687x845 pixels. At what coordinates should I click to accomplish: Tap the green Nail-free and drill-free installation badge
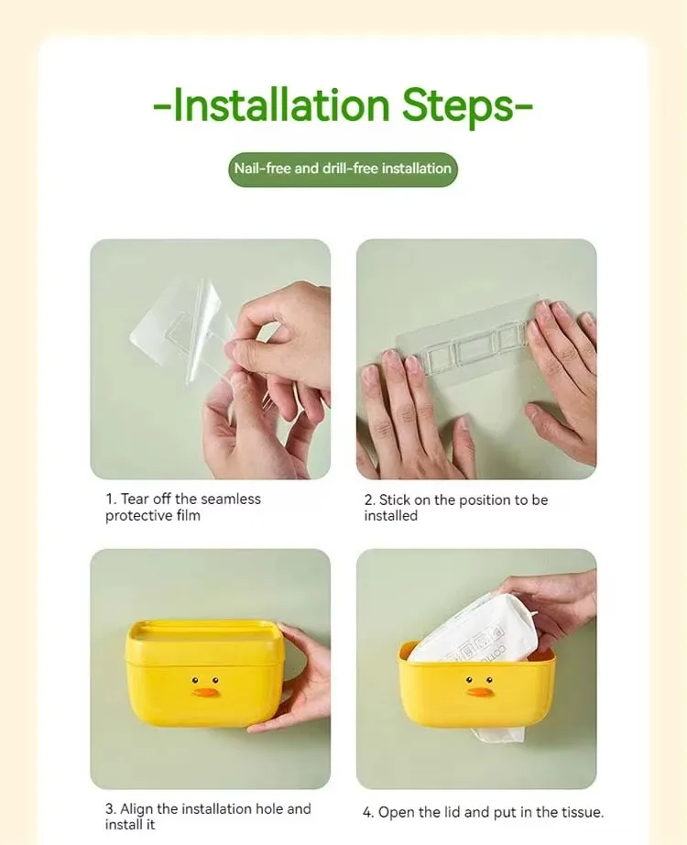(343, 169)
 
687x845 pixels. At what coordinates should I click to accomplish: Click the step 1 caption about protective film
(183, 507)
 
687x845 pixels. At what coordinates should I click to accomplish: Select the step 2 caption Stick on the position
(455, 507)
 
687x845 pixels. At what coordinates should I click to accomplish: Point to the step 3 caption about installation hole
(208, 817)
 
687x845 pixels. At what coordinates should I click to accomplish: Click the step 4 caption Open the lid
(483, 812)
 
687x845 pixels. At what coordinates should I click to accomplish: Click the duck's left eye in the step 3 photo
(194, 679)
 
